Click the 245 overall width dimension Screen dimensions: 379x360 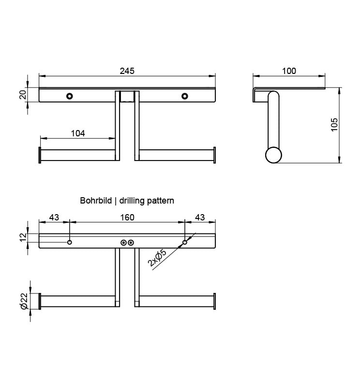tap(127, 71)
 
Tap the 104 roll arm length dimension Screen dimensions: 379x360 tap(78, 134)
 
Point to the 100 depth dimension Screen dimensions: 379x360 tap(289, 71)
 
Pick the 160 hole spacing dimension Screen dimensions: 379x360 tap(127, 218)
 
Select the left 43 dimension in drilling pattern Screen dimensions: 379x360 tap(54, 218)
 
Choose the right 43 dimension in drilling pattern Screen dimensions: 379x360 tap(200, 218)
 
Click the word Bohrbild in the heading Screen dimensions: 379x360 tap(95, 200)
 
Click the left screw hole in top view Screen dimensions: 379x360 tap(70, 96)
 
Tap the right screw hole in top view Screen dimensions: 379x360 tap(185, 96)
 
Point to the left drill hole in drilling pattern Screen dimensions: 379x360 tap(70, 242)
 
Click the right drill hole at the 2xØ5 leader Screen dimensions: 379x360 tap(185, 242)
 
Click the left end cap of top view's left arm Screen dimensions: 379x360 tap(39, 155)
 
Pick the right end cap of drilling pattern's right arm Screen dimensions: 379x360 tap(214, 301)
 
